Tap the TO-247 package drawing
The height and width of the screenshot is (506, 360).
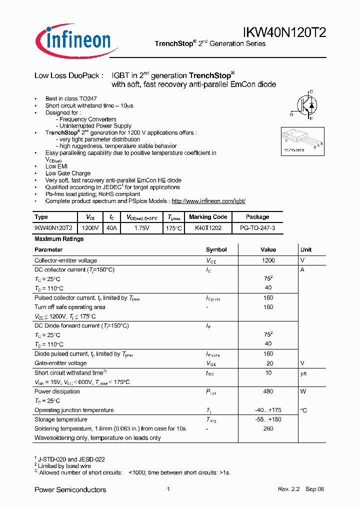[300, 139]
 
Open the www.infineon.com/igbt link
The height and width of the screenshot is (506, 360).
[208, 201]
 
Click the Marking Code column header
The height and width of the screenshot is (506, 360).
[208, 217]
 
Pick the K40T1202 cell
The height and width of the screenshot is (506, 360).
[207, 227]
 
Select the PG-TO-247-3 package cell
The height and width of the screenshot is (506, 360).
[257, 227]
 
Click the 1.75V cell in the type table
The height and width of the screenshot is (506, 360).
[142, 227]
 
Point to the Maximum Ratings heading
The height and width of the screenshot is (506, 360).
[59, 239]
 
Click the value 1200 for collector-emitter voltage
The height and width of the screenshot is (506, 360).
[268, 260]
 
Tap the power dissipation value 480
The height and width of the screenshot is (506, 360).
[268, 391]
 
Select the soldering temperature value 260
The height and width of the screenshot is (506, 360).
[268, 428]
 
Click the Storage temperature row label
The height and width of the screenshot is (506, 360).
[60, 419]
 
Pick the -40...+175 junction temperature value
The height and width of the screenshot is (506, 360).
[268, 410]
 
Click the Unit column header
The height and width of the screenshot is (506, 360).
[306, 249]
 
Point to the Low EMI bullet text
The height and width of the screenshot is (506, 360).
[56, 166]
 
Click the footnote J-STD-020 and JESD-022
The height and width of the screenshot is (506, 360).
[71, 459]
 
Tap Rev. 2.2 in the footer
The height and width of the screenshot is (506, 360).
[288, 489]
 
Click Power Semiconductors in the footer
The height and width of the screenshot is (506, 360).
[70, 489]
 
